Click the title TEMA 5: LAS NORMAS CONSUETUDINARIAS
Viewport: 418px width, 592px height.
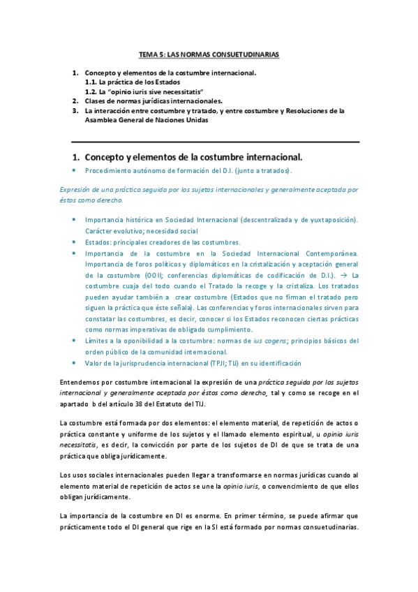pyautogui.click(x=209, y=54)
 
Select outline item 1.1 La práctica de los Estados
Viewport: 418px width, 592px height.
pyautogui.click(x=127, y=82)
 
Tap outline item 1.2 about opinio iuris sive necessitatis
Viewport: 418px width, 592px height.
pyautogui.click(x=143, y=91)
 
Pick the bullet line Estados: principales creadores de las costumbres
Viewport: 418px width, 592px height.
pyautogui.click(x=163, y=242)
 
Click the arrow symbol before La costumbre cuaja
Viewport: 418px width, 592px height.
pyautogui.click(x=336, y=275)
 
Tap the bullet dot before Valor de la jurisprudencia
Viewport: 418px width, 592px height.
pyautogui.click(x=74, y=363)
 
